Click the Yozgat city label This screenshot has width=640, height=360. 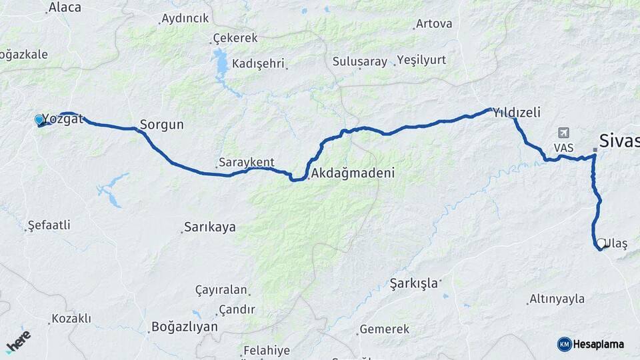[x=63, y=119]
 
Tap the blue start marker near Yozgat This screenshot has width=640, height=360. [x=39, y=120]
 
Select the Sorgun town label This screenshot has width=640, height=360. [x=161, y=125]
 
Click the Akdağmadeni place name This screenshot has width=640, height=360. [x=353, y=173]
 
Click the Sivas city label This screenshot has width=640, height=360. [x=619, y=141]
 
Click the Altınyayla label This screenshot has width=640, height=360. [x=557, y=299]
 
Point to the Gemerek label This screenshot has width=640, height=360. [x=384, y=329]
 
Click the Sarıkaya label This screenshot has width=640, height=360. [x=209, y=227]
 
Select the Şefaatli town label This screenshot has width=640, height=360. [x=49, y=225]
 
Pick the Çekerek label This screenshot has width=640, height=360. [x=235, y=38]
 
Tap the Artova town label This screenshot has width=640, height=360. [x=433, y=24]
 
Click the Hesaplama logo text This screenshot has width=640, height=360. [x=598, y=344]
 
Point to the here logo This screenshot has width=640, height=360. [x=18, y=341]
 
